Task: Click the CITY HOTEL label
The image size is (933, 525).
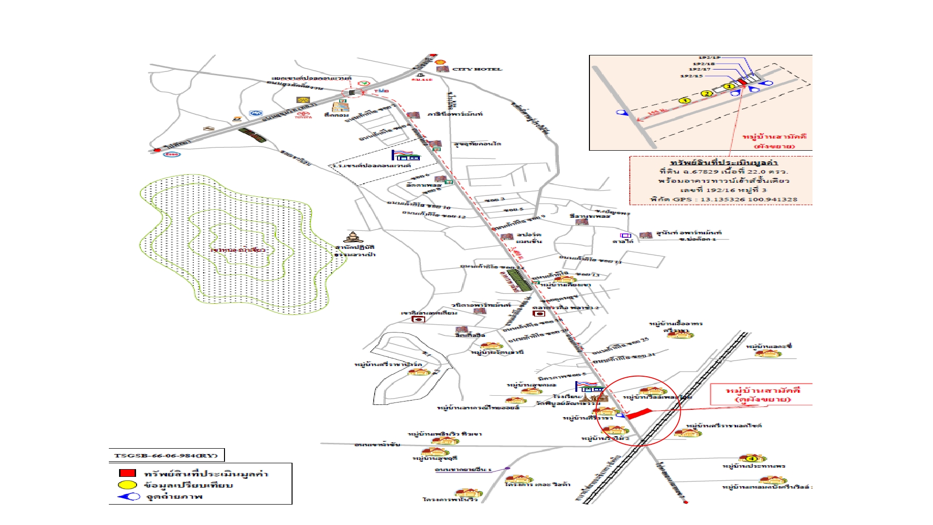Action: tap(477, 69)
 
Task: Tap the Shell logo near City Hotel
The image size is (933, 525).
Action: tap(441, 62)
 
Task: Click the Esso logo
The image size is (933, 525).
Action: tap(172, 155)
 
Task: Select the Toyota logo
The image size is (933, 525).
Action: tap(303, 115)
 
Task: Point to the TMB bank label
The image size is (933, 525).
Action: tap(381, 91)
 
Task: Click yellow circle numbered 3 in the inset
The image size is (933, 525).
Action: tap(684, 101)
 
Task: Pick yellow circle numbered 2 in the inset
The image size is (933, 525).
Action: tap(707, 93)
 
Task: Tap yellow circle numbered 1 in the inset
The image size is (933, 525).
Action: tap(728, 87)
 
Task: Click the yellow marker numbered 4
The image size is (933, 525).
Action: tap(751, 458)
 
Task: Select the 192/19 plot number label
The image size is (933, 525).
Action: tap(709, 58)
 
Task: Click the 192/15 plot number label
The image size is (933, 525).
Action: tap(691, 76)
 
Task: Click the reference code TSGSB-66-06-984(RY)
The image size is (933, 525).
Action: tap(166, 455)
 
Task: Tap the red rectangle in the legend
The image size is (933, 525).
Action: tap(127, 473)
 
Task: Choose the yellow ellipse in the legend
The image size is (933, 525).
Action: tap(127, 485)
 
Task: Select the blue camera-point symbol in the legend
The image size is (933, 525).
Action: tap(128, 496)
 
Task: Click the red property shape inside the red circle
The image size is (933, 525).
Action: tap(639, 414)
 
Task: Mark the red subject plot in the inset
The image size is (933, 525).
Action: tap(742, 82)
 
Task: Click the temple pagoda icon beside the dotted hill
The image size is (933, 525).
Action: tap(353, 238)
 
